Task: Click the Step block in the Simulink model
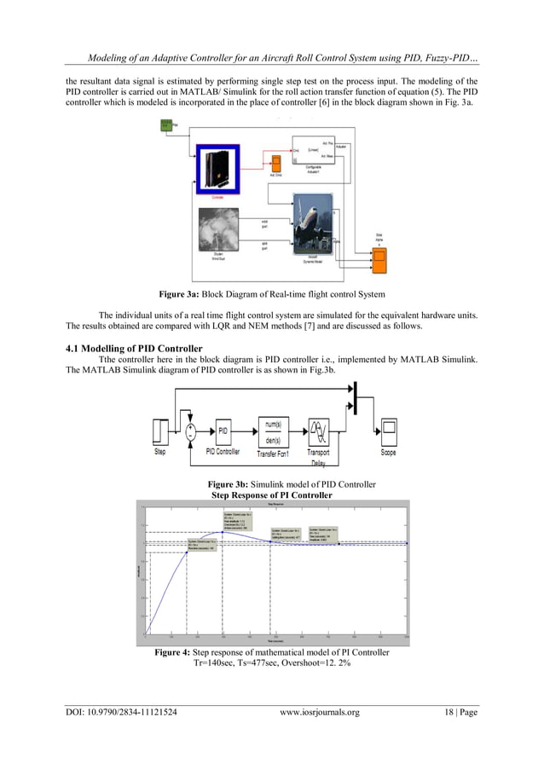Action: [160, 431]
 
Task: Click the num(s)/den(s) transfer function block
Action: [275, 431]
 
